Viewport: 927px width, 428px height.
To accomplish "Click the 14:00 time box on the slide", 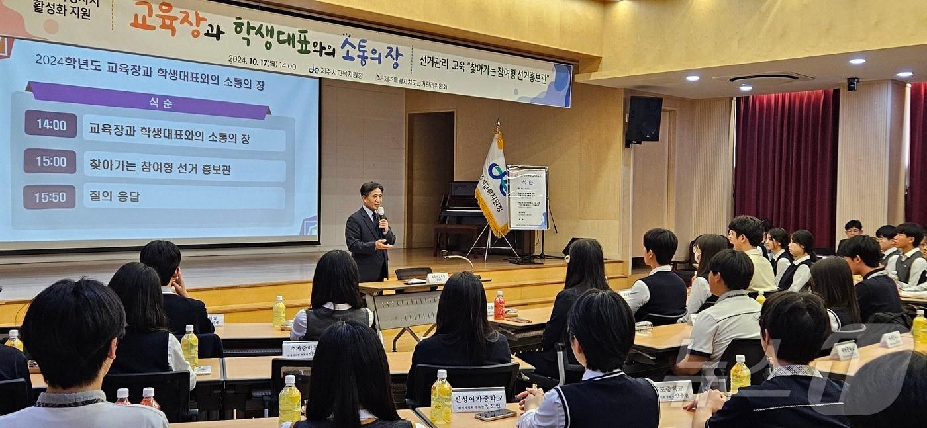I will (50, 124).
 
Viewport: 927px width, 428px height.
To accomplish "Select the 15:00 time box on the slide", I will (50, 161).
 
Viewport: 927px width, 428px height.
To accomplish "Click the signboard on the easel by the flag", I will (528, 197).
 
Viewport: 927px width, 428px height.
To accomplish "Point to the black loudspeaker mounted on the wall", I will (644, 119).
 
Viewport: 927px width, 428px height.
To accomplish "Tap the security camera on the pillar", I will (852, 84).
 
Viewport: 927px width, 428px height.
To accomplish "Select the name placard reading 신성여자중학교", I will (478, 400).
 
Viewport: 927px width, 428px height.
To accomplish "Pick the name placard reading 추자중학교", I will (299, 349).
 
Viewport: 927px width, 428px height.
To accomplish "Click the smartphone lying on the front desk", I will (495, 414).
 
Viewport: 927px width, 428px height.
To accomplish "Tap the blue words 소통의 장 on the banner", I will (371, 52).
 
